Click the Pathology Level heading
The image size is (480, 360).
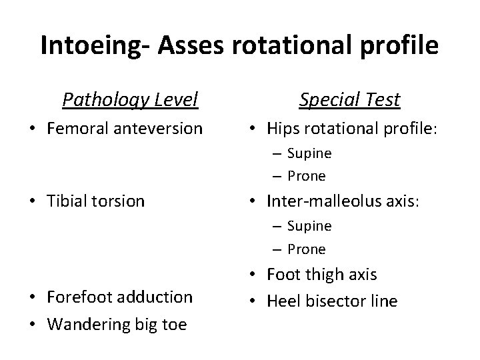[x=130, y=100]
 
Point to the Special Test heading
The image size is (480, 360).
[x=349, y=100]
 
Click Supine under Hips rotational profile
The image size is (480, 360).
[x=309, y=153]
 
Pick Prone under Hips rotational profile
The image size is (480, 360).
[x=307, y=177]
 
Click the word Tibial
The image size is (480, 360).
[x=67, y=201]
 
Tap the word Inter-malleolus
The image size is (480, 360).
[x=321, y=201]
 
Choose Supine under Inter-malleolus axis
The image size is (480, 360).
[x=309, y=226]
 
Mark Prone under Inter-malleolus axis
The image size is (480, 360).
[x=307, y=249]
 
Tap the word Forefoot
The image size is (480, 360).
[x=79, y=297]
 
